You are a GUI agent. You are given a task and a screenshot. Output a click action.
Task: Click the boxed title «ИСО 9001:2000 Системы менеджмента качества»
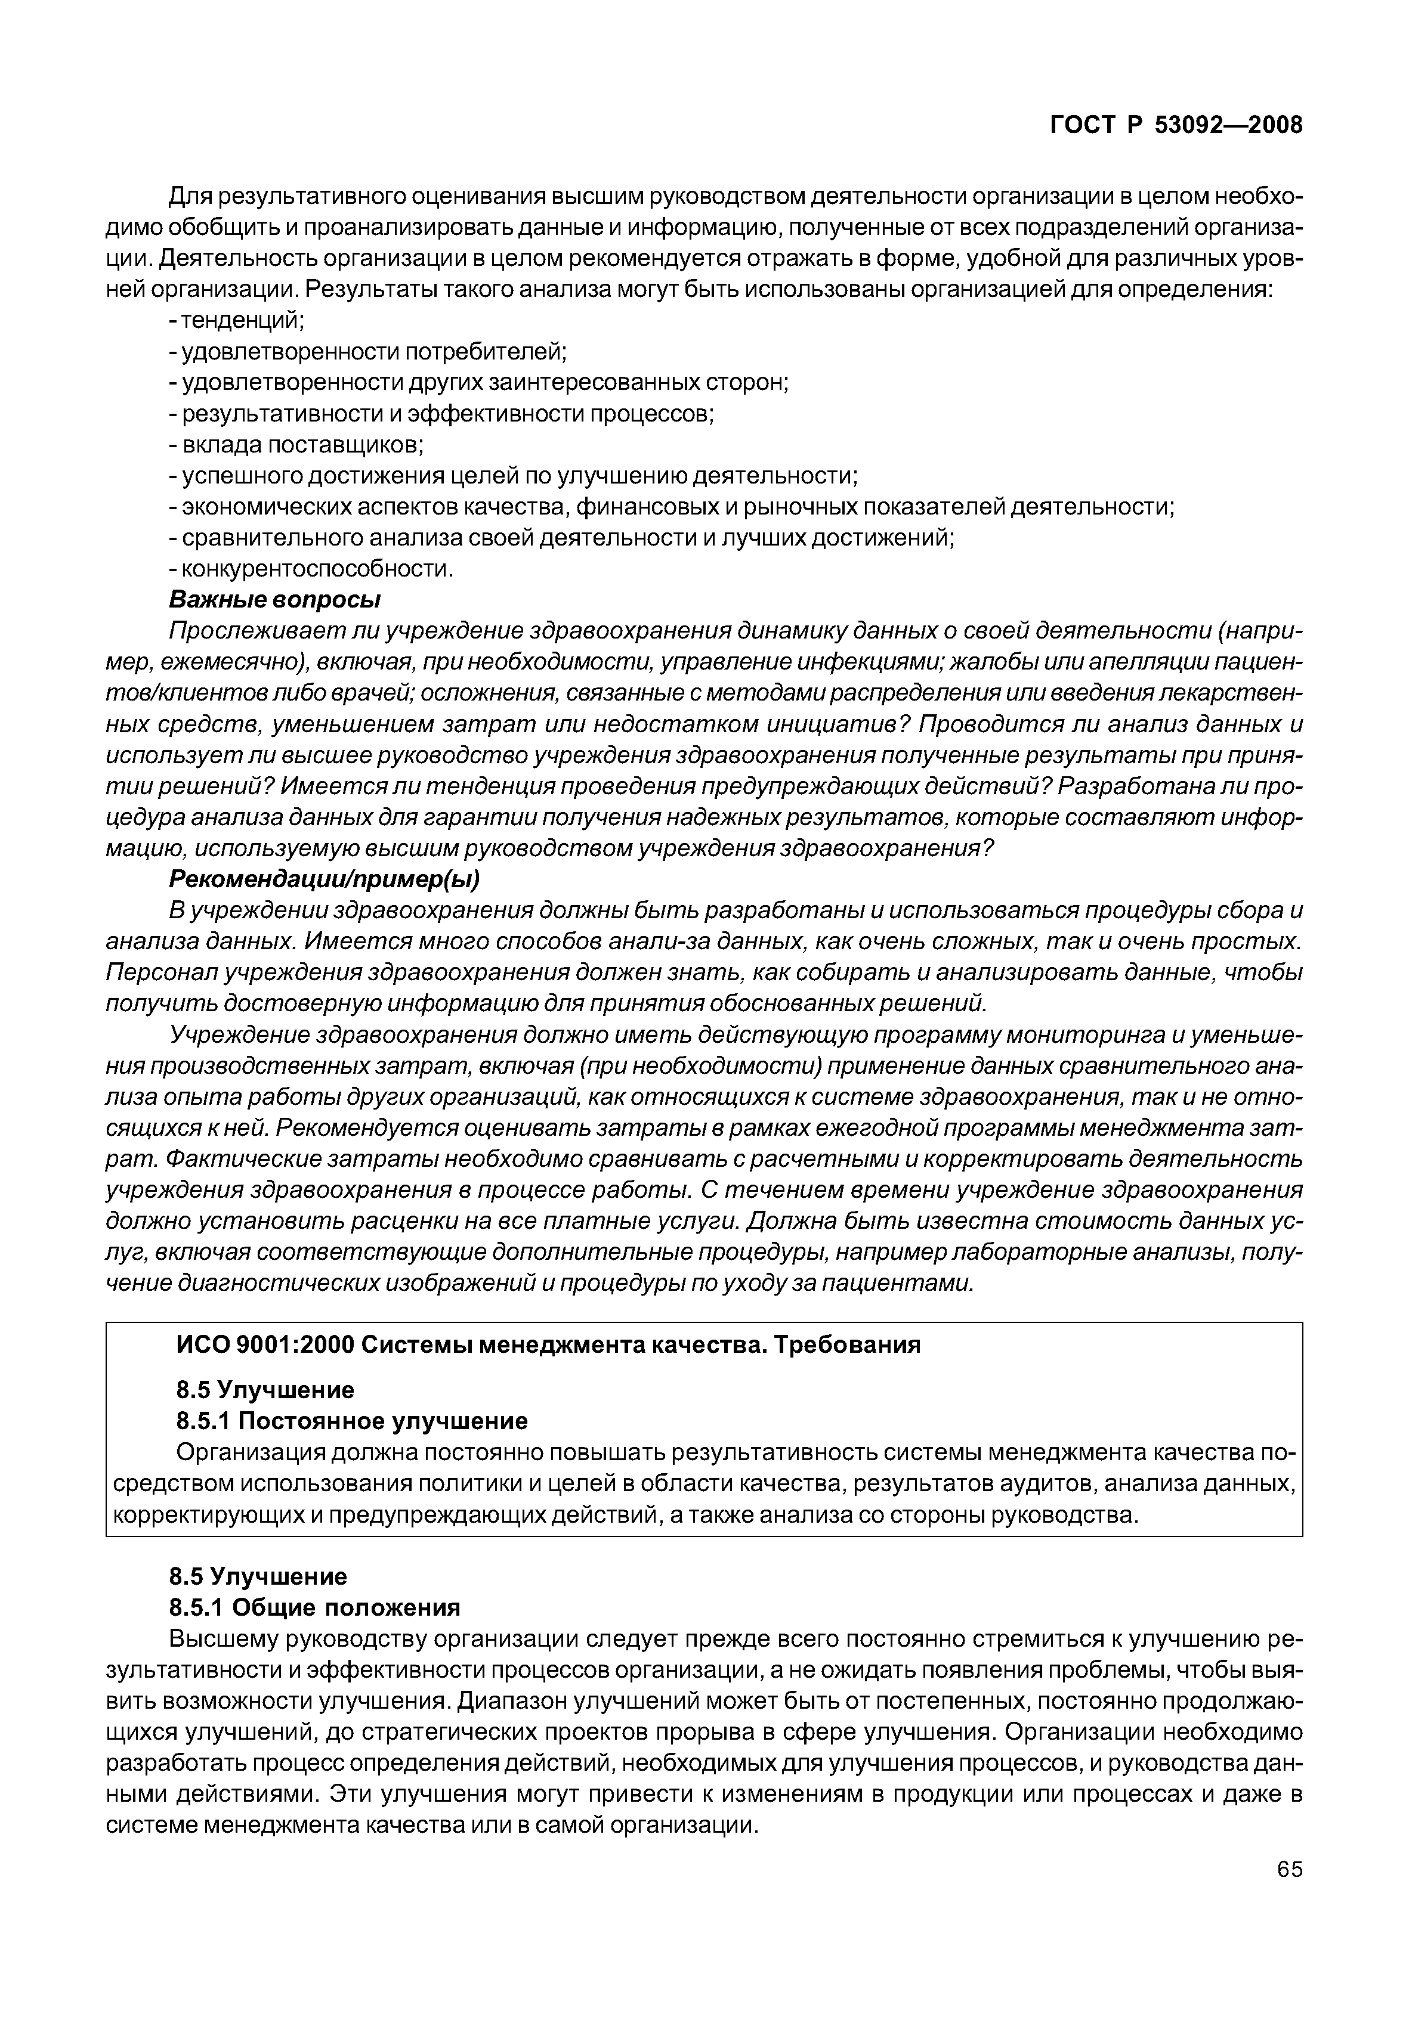pyautogui.click(x=548, y=1345)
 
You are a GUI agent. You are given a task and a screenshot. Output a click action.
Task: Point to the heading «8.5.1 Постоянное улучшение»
pyautogui.click(x=351, y=1421)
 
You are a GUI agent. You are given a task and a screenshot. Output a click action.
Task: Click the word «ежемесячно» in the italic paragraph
pyautogui.click(x=234, y=663)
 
